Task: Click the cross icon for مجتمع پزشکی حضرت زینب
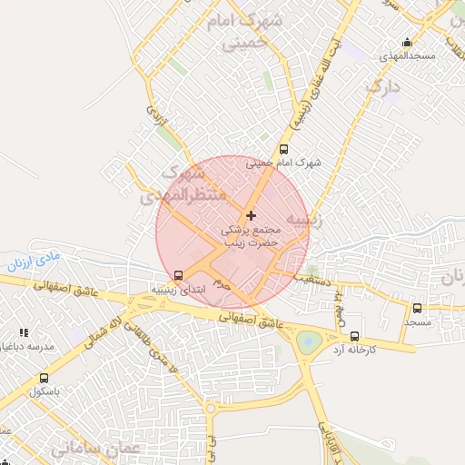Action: [x=252, y=215]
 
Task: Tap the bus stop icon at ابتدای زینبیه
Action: [x=178, y=275]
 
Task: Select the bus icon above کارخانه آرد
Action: [x=354, y=336]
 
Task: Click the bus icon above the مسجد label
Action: [x=417, y=309]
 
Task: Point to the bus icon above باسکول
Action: [x=44, y=378]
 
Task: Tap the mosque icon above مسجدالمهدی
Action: [x=407, y=42]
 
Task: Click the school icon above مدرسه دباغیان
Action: [x=24, y=333]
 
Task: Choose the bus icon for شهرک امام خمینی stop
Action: [x=283, y=149]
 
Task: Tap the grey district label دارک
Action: [x=382, y=88]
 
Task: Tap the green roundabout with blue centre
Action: [x=309, y=342]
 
